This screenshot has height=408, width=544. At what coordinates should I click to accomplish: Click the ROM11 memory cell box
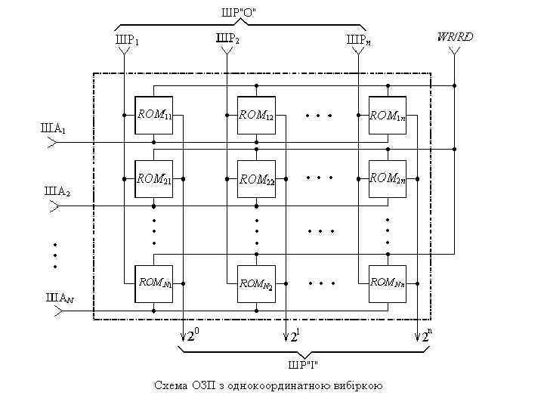pyautogui.click(x=153, y=116)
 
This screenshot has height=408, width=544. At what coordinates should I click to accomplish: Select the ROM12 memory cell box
pyautogui.click(x=256, y=116)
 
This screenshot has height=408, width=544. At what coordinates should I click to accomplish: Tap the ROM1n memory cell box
pyautogui.click(x=387, y=116)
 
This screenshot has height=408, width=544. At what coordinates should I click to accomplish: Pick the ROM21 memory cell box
pyautogui.click(x=153, y=180)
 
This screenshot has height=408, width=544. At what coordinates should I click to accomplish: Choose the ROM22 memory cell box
pyautogui.click(x=256, y=180)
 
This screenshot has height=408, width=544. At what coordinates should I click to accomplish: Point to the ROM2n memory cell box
pyautogui.click(x=387, y=180)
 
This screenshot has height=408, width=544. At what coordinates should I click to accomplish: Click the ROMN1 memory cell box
pyautogui.click(x=153, y=283)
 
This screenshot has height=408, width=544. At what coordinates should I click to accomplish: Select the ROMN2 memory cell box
pyautogui.click(x=256, y=283)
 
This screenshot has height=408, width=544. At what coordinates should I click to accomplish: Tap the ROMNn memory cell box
pyautogui.click(x=387, y=283)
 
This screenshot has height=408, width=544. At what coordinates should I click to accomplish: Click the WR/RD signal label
pyautogui.click(x=455, y=36)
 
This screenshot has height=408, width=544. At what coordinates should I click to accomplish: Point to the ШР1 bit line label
pyautogui.click(x=126, y=39)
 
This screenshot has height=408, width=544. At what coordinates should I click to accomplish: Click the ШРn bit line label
pyautogui.click(x=358, y=39)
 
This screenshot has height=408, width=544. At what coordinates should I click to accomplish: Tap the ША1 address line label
pyautogui.click(x=53, y=128)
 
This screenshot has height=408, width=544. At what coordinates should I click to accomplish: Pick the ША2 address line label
pyautogui.click(x=54, y=192)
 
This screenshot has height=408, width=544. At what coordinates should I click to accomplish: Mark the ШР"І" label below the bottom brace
pyautogui.click(x=302, y=366)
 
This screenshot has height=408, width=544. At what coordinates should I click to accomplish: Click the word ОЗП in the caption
pyautogui.click(x=201, y=386)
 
